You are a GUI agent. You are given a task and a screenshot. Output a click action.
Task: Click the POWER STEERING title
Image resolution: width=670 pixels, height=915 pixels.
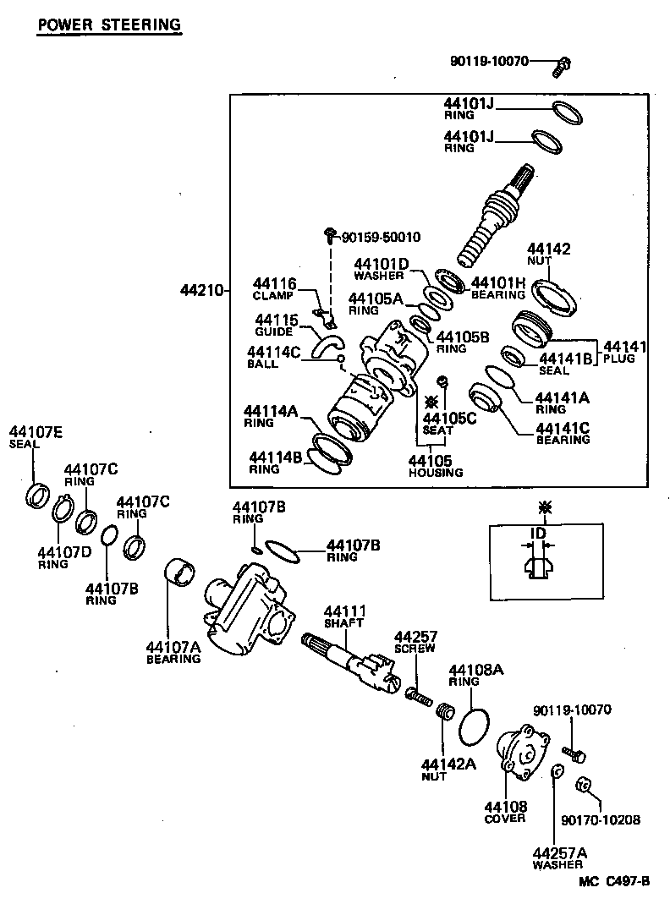(x=109, y=25)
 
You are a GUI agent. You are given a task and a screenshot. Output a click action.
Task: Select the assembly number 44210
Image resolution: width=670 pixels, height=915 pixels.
(x=200, y=291)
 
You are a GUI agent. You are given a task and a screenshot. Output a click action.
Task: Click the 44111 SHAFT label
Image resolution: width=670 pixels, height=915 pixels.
(x=344, y=616)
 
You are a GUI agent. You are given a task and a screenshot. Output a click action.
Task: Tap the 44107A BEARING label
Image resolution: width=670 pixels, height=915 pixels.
(x=173, y=652)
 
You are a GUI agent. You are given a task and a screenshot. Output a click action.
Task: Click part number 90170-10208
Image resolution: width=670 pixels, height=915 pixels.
(x=600, y=819)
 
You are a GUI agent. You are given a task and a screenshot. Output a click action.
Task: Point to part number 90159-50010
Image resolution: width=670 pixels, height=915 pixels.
(x=382, y=237)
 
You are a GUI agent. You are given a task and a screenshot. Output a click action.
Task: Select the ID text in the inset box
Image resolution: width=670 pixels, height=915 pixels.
(x=538, y=533)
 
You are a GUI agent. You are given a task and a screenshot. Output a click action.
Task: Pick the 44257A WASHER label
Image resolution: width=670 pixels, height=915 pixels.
(x=558, y=857)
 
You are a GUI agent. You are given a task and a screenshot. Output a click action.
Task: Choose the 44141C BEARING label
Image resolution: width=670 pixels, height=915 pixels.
(x=563, y=432)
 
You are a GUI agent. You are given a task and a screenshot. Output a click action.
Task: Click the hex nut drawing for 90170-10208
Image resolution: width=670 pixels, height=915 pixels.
(x=581, y=782)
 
